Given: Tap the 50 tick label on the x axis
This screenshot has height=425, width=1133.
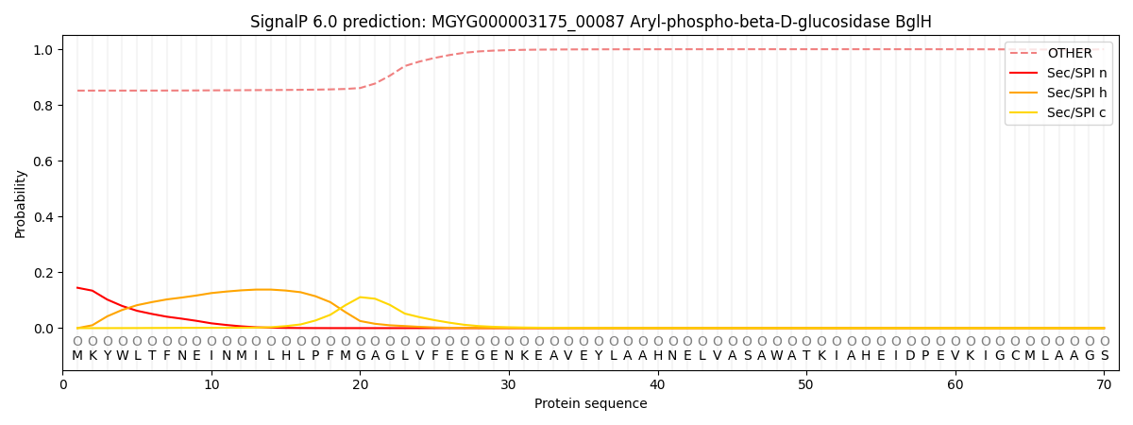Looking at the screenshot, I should [x=805, y=384].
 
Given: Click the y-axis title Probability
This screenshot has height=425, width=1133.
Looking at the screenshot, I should [x=21, y=203].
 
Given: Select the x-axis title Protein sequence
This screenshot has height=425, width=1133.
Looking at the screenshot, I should [x=591, y=403].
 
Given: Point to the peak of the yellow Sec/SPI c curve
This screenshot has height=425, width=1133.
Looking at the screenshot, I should [x=360, y=297].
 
